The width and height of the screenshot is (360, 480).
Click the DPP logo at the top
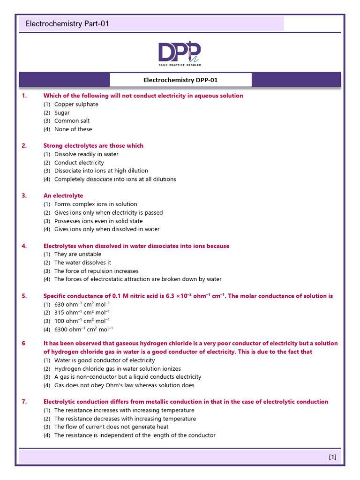point(180,53)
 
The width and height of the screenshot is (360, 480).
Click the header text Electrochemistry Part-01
point(67,23)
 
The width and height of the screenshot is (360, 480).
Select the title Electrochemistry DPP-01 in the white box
point(180,80)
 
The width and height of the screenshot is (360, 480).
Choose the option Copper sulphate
point(76,104)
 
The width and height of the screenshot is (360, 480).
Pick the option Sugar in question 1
point(62,112)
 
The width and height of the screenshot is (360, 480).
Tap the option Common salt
point(72,121)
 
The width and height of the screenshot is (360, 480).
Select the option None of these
point(73,129)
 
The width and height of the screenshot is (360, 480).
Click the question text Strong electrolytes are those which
point(93,146)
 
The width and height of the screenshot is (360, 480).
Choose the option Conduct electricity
point(79,163)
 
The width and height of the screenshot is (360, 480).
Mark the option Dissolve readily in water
point(86,154)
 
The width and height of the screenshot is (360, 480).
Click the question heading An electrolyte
point(63,196)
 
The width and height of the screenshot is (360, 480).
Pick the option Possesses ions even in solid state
point(98,221)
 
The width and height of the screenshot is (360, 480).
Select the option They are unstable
point(77,254)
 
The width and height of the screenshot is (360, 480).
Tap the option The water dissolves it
point(82,262)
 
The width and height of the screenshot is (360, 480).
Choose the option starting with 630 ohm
point(82,304)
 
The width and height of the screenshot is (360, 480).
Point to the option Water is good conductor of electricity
point(105,360)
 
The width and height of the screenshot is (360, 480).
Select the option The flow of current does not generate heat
point(112,427)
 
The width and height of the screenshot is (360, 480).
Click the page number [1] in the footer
point(332,457)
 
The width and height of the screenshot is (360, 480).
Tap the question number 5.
point(24,296)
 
